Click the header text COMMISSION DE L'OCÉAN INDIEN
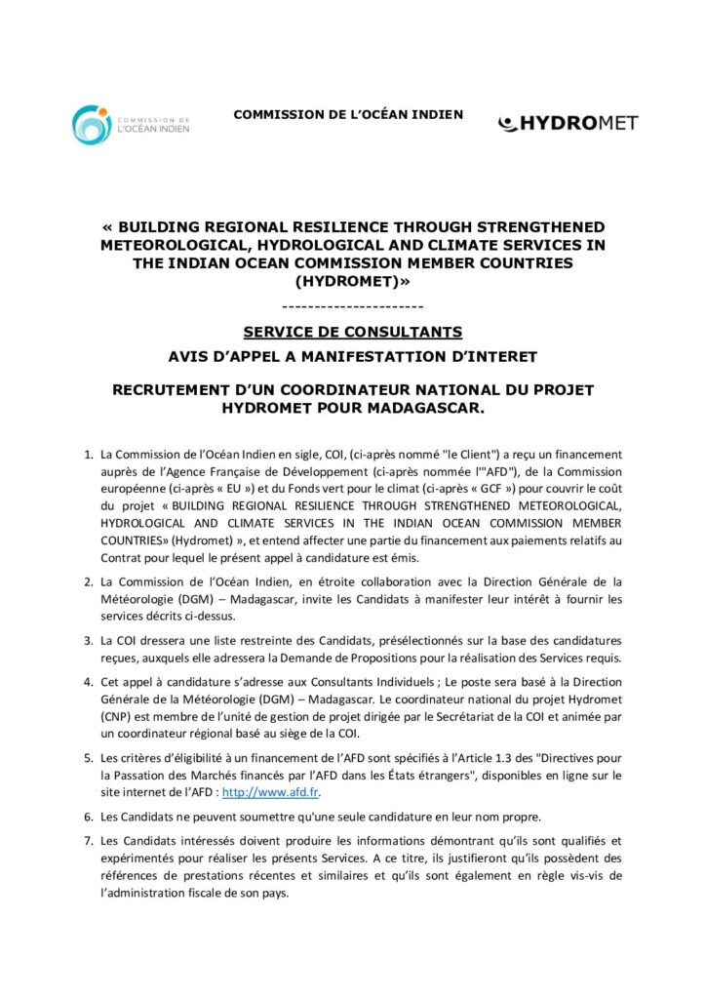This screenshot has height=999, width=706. tap(348, 115)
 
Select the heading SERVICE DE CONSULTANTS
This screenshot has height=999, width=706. tap(352, 331)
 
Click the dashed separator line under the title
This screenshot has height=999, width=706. tap(352, 307)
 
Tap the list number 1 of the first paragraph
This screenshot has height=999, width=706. tap(87, 455)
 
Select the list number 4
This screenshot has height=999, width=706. tap(87, 684)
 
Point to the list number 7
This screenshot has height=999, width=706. tap(87, 839)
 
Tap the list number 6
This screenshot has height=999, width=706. tap(87, 816)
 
